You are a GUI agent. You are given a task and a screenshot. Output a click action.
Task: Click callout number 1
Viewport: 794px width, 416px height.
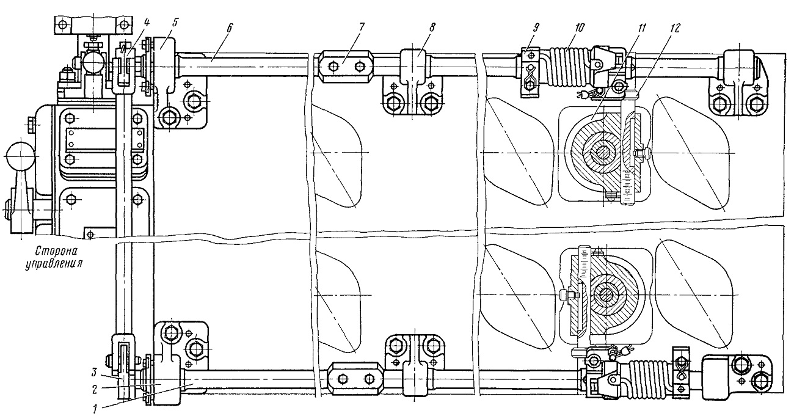pyautogui.click(x=95, y=409)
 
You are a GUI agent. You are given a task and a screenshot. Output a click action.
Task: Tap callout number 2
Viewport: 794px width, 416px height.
pyautogui.click(x=95, y=390)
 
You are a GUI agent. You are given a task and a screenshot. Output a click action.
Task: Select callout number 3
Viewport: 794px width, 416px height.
pyautogui.click(x=95, y=373)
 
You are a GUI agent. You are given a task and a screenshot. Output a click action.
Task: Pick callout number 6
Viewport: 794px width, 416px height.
pyautogui.click(x=229, y=27)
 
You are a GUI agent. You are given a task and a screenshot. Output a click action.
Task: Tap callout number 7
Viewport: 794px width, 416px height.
pyautogui.click(x=362, y=27)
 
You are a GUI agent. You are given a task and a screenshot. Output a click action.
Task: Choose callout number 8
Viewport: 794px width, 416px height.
pyautogui.click(x=431, y=27)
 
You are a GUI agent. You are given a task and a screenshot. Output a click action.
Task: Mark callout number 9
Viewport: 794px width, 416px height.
pyautogui.click(x=536, y=27)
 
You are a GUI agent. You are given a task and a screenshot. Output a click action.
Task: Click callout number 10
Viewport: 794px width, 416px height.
pyautogui.click(x=579, y=27)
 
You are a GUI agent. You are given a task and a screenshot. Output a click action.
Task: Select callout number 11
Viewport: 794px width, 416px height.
pyautogui.click(x=641, y=27)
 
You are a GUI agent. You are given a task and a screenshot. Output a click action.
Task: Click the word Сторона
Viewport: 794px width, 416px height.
pyautogui.click(x=57, y=252)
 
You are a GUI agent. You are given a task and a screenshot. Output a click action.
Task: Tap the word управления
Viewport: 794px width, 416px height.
pyautogui.click(x=53, y=265)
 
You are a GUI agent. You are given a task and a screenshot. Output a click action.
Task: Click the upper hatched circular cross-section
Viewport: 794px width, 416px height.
pyautogui.click(x=601, y=153)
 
